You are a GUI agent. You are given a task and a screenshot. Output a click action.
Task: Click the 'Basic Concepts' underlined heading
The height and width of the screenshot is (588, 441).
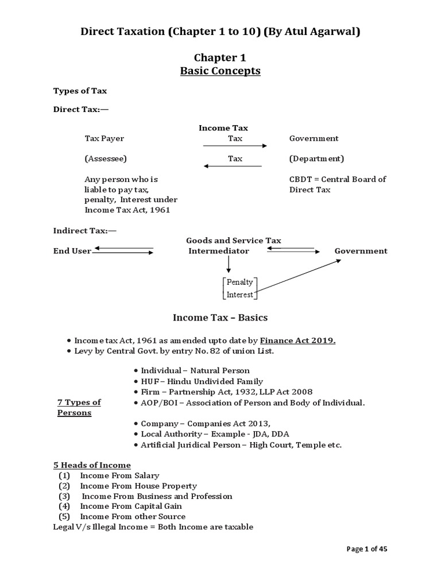[x=220, y=71]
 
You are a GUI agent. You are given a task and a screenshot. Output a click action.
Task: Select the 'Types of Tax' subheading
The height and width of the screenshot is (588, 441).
[x=80, y=91]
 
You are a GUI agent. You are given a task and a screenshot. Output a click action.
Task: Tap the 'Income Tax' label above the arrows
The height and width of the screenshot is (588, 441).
[x=223, y=128]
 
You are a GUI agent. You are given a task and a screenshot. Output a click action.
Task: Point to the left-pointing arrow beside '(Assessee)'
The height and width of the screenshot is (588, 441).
[x=233, y=167]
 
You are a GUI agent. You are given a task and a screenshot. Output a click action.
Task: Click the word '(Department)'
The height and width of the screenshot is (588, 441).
[x=316, y=158]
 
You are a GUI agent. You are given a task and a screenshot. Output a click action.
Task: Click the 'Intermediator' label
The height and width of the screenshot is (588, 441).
[x=219, y=251]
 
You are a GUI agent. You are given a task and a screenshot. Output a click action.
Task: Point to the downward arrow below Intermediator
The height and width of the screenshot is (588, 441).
[x=229, y=264]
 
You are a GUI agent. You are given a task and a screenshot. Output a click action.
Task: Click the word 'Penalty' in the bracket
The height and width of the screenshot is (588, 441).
[x=240, y=283]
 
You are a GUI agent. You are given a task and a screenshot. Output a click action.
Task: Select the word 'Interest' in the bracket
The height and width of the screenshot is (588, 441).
[x=240, y=295]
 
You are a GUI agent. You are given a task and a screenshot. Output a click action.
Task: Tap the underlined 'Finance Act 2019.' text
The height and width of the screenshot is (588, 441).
[x=298, y=341]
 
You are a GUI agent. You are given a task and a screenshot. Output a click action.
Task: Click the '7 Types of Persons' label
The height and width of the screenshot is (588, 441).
[x=79, y=407]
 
